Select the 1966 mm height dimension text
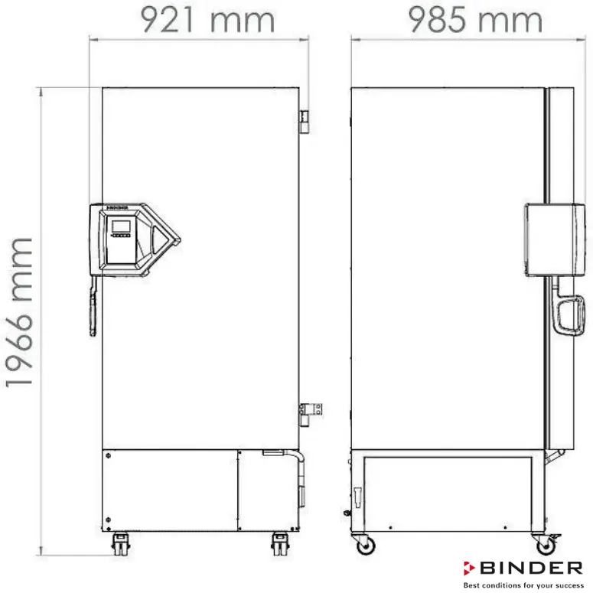click(21, 311)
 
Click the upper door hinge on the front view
click(303, 119)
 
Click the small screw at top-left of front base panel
click(109, 457)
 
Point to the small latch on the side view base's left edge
click(354, 490)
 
